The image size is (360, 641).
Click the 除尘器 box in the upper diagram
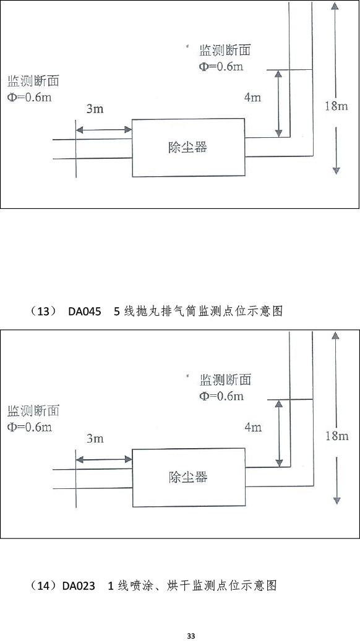coord(188,148)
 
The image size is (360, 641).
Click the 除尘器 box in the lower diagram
coord(189,477)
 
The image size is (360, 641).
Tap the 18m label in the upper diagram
coord(336,106)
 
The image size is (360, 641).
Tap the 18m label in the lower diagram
coord(336,436)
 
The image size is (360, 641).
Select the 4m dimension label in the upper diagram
coord(253,98)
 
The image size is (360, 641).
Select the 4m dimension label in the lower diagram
coord(253,428)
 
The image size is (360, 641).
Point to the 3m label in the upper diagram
coord(95,109)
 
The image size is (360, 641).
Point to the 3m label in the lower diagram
coord(95,439)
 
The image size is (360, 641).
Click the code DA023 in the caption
coord(79,586)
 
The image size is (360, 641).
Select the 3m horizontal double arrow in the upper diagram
coord(104,130)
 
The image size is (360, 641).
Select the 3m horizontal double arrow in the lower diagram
coord(105,460)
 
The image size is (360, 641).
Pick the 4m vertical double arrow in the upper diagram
coord(278,103)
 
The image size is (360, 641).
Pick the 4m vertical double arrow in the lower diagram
coord(279,433)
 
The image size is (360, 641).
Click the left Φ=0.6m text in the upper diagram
coord(30,98)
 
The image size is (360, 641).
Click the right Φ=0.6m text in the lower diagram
coord(221,396)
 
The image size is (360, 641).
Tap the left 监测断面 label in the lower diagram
coord(33,410)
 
